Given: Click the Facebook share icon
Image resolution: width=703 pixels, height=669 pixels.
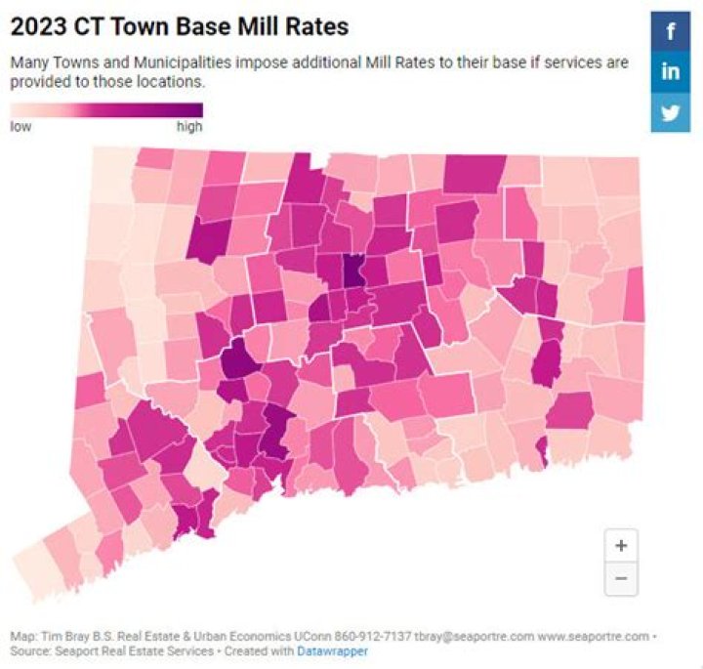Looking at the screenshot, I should click(671, 31).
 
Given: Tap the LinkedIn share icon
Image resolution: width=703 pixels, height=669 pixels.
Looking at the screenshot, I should click(671, 71).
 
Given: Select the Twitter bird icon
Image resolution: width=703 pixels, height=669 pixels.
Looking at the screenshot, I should click(671, 111).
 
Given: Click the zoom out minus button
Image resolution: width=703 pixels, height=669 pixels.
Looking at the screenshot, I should click(621, 578).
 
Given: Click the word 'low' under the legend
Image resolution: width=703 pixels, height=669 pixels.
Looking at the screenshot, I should click(20, 127).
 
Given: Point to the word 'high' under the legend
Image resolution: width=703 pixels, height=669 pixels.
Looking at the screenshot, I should click(189, 127).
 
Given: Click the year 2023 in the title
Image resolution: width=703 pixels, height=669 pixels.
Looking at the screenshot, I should click(35, 26).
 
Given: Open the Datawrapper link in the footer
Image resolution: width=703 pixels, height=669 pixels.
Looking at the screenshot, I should click(332, 650).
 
